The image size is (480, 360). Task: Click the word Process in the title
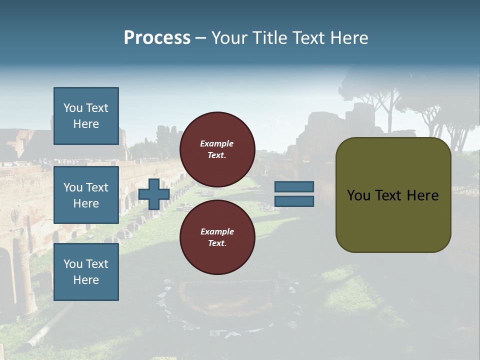[x=157, y=38]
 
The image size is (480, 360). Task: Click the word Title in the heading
[x=271, y=38]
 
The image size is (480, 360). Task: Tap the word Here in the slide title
[x=348, y=38]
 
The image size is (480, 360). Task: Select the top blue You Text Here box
[x=86, y=116]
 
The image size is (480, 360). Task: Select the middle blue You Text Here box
[x=86, y=195]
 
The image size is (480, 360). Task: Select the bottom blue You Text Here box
[x=86, y=271]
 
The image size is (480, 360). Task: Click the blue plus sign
[x=154, y=194]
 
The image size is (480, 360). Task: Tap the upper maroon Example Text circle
[x=217, y=149]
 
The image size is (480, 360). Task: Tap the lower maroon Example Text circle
[x=217, y=237]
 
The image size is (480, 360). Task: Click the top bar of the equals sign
[x=294, y=187]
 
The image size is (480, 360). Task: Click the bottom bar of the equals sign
[x=294, y=201]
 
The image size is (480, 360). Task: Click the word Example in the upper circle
[x=216, y=144]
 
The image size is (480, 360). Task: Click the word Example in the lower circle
[x=217, y=231]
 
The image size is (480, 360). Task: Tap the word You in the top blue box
[x=72, y=108]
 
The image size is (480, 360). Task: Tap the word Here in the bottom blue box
[x=86, y=280]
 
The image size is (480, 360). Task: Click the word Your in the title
[x=230, y=38]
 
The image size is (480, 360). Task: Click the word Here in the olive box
[x=422, y=195]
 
